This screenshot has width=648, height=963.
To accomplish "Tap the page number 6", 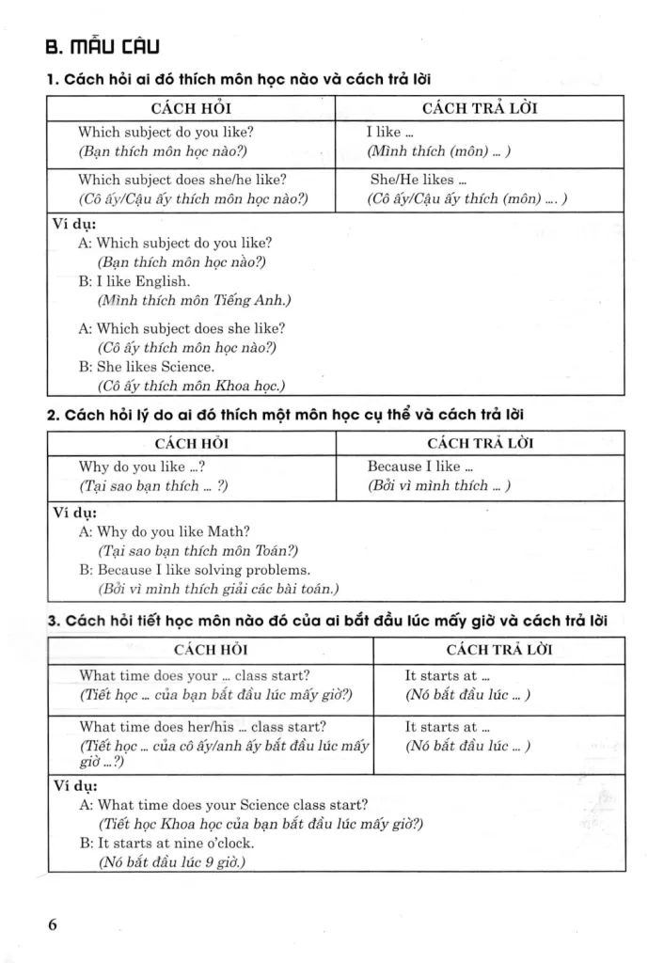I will tap(53, 924).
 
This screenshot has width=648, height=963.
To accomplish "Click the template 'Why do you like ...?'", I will tap(142, 466).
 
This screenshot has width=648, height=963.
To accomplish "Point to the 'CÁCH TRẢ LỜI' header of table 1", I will tap(480, 108).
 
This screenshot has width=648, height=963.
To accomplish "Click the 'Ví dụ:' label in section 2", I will tap(71, 513).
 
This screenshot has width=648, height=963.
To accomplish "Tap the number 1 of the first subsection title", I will tap(51, 80).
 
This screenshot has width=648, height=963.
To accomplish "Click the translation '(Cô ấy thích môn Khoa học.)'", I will tap(191, 386).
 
